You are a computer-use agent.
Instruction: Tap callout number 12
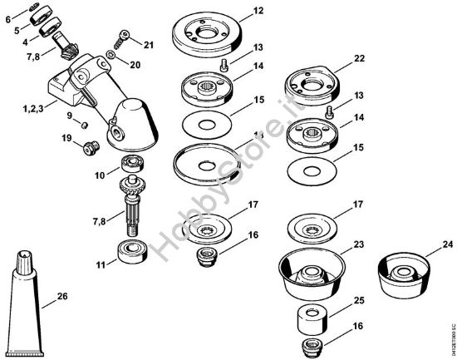[x=258, y=11]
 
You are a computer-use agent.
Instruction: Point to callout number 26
[x=62, y=295]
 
